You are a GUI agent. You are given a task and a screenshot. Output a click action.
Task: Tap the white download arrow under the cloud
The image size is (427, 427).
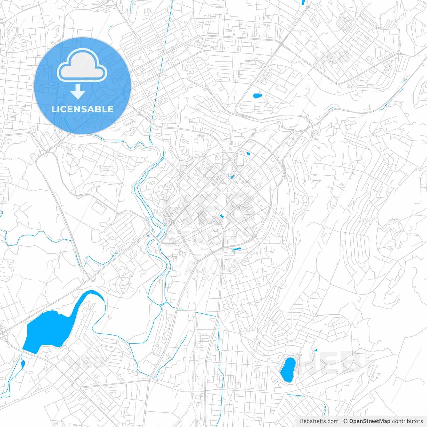click(78, 92)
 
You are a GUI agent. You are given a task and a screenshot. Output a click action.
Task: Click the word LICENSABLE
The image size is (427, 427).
click(82, 109)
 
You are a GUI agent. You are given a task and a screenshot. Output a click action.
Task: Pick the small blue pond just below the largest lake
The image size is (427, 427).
click(23, 364)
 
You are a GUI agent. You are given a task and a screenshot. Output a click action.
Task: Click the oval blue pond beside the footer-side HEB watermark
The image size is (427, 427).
click(288, 369)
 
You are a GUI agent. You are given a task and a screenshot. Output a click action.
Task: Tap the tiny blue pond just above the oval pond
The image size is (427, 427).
click(315, 350)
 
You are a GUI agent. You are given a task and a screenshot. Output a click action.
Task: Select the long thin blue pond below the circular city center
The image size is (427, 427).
click(237, 249)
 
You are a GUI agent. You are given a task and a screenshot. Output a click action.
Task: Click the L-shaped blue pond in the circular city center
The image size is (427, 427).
click(221, 216)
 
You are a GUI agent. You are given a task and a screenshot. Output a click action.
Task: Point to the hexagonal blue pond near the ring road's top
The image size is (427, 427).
click(248, 154)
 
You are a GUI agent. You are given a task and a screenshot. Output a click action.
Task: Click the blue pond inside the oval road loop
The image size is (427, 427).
click(257, 96)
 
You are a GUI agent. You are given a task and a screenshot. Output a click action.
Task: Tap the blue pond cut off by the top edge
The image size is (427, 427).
click(303, 2)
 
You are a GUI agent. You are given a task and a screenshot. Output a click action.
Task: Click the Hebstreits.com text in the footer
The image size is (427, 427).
click(319, 421)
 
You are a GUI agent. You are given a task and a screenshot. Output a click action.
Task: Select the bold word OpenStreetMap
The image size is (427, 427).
click(370, 421)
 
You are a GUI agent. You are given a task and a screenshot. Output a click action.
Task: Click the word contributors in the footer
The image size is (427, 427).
click(407, 421)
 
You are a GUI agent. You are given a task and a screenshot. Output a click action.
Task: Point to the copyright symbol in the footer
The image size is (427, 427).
click(346, 421)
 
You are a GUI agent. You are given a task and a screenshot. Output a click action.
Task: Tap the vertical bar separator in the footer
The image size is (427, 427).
click(341, 421)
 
